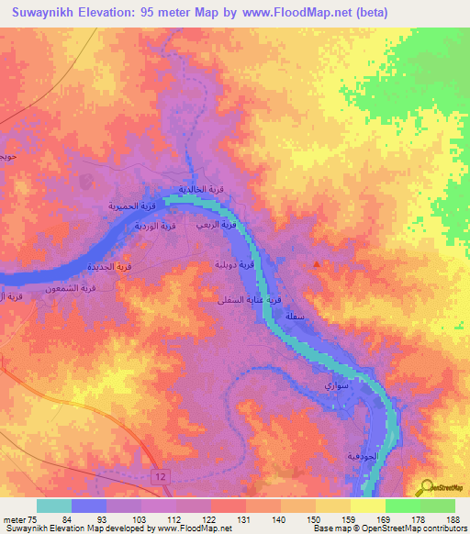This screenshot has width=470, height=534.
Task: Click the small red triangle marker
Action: (317, 265)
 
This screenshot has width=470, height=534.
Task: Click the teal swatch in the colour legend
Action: (54, 506)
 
